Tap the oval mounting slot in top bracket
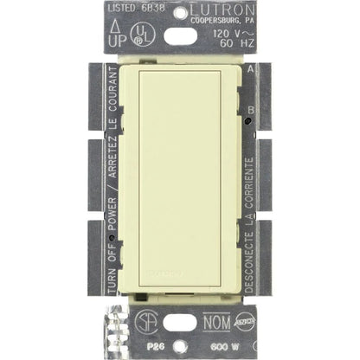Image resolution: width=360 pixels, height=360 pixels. [180, 35]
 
